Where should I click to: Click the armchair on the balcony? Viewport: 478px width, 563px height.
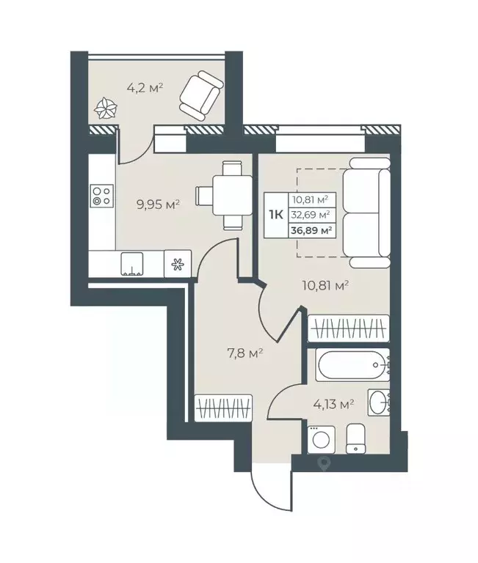(201, 96)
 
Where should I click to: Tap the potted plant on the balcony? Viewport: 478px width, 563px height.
(106, 108)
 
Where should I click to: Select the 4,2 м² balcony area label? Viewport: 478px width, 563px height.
(145, 88)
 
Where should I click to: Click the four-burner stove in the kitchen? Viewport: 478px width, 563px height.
(102, 195)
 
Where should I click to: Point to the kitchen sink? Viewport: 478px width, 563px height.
(132, 264)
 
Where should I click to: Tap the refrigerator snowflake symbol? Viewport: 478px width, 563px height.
(177, 265)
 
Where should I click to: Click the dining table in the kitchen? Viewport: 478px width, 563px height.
(224, 195)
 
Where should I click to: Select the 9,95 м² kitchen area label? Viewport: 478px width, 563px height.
(158, 205)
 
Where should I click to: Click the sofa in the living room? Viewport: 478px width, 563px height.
(366, 213)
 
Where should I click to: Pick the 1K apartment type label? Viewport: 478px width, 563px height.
(276, 215)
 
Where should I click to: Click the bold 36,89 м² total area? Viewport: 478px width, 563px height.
(311, 230)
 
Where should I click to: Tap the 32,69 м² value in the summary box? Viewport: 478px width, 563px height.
(311, 215)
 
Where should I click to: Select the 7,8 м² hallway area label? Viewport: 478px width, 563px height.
(244, 353)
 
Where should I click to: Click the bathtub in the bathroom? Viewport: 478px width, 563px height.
(353, 365)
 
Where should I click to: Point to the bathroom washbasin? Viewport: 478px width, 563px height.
(379, 402)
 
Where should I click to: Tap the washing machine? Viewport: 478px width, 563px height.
(321, 440)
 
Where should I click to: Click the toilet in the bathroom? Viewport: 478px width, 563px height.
(355, 438)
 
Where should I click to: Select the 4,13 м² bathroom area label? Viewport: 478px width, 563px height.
(334, 405)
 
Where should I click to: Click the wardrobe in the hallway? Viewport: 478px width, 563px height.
(223, 408)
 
